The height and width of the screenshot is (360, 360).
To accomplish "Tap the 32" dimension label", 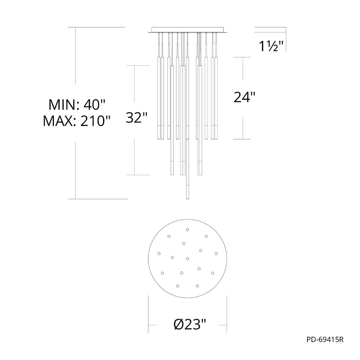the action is tap(136, 117).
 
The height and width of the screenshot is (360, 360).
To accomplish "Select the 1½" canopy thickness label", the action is tap(271, 46).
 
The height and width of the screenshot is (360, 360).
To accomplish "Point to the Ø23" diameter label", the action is tap(190, 324).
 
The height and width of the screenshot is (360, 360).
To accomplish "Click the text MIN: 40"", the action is tap(76, 105).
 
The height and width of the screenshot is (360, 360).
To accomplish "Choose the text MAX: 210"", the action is tap(76, 121).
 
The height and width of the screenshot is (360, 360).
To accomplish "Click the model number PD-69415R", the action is tap(325, 340).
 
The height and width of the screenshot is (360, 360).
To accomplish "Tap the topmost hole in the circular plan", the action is tap(188, 229).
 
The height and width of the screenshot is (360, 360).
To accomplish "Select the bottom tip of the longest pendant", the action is tap(187, 199).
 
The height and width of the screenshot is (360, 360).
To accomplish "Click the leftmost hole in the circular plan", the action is tap(159, 253).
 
